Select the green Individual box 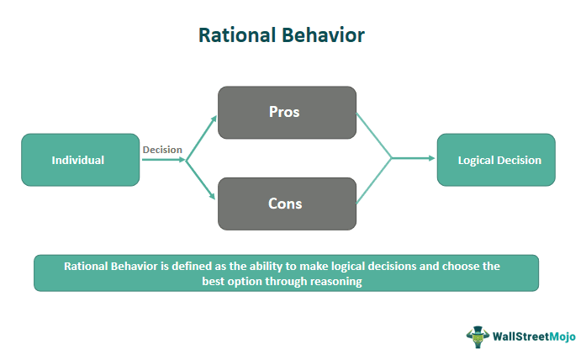80,160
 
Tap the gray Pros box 287,113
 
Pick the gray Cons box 287,204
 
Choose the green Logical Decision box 495,160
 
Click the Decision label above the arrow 162,150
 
